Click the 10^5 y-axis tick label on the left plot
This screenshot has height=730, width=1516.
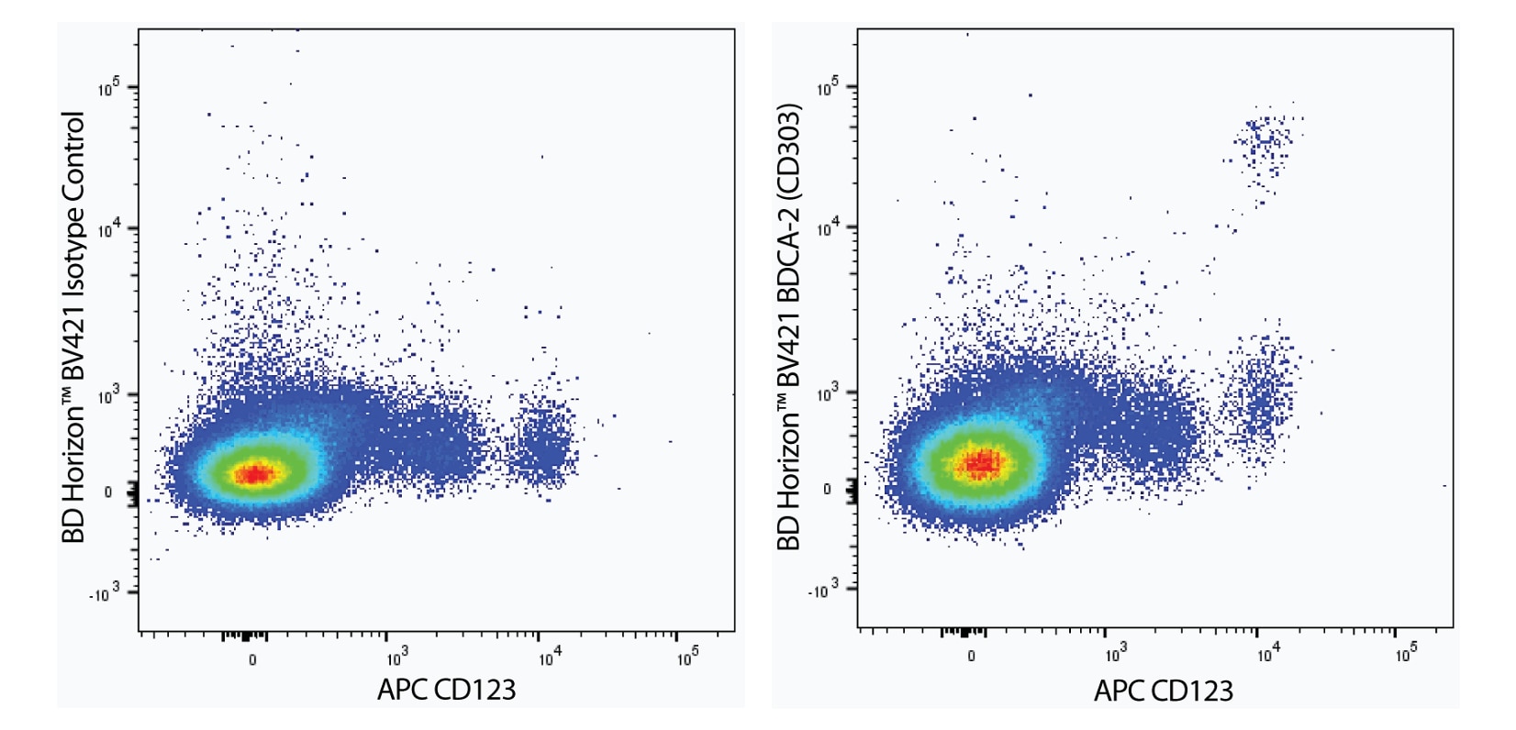point(109,88)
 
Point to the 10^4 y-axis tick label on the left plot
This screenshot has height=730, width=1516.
point(109,228)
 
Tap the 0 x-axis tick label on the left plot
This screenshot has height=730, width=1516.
point(252,659)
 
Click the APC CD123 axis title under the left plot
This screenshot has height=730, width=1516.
point(447,690)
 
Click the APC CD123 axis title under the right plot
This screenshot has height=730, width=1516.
point(1163,691)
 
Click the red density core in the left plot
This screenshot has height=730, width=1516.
point(254,473)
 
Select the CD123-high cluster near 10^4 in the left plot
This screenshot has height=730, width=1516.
point(543,440)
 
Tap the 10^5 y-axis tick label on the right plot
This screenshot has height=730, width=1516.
point(829,88)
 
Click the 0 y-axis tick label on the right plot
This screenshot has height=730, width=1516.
point(827,490)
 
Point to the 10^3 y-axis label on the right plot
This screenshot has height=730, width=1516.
point(829,394)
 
